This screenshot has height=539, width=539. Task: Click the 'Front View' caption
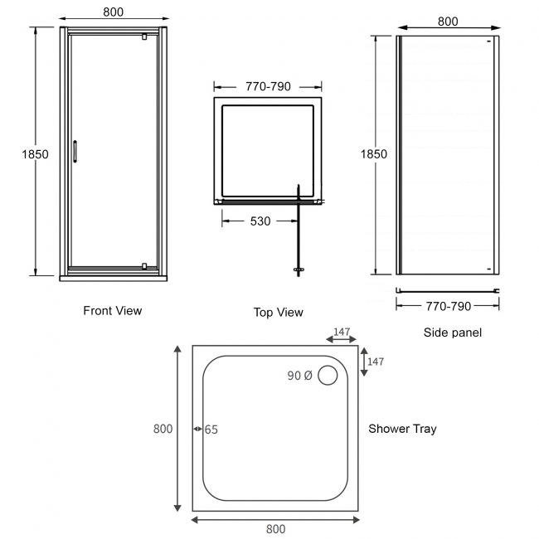pyautogui.click(x=112, y=311)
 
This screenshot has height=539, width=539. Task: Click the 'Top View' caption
pyautogui.click(x=279, y=313)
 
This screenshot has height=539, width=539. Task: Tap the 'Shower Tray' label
pyautogui.click(x=402, y=429)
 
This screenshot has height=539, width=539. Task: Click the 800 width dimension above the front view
pyautogui.click(x=114, y=12)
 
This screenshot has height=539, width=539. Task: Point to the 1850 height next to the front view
pyautogui.click(x=36, y=154)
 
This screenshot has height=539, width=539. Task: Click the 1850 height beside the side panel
pyautogui.click(x=374, y=154)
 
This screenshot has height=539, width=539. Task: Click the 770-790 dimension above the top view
pyautogui.click(x=268, y=86)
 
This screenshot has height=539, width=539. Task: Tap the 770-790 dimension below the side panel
pyautogui.click(x=449, y=306)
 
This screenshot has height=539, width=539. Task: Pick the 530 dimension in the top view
pyautogui.click(x=260, y=221)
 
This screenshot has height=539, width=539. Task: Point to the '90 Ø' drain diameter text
pyautogui.click(x=299, y=376)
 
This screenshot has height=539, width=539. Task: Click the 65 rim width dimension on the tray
pyautogui.click(x=211, y=430)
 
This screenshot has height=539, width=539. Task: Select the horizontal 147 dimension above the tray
pyautogui.click(x=341, y=333)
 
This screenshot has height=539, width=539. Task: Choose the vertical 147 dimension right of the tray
pyautogui.click(x=375, y=362)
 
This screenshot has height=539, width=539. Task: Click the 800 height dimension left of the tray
pyautogui.click(x=163, y=429)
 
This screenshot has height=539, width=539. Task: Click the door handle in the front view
pyautogui.click(x=75, y=151)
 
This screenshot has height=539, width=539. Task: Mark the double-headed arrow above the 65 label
pyautogui.click(x=198, y=430)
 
